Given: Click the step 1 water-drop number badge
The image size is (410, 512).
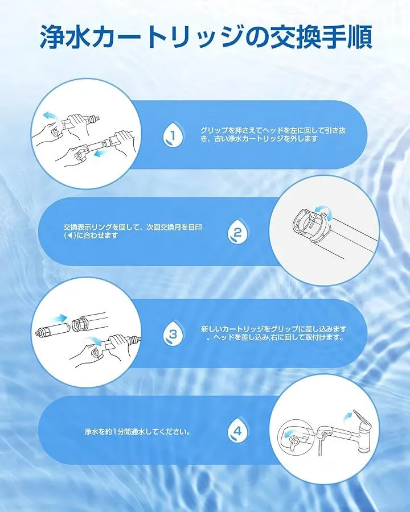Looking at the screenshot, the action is tap(173, 134).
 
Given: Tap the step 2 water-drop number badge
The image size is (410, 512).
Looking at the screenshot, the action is tap(237, 232).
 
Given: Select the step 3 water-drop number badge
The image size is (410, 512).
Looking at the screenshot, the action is tap(173, 333).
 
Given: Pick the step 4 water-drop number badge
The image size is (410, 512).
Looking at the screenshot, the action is tap(237, 431).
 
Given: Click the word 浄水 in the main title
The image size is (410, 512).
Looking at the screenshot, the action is tap(65, 38).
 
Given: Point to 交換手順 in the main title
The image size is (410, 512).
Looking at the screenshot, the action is tap(321, 38).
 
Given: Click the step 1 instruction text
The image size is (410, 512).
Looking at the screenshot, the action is tap(273, 134).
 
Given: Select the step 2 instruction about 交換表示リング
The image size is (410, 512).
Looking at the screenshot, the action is tap(133, 231).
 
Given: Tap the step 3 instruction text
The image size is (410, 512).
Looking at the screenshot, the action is tap(273, 333).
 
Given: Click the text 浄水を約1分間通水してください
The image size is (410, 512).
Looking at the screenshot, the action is tap(137, 432).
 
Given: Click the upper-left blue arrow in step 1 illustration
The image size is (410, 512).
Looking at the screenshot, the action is tap(51, 116).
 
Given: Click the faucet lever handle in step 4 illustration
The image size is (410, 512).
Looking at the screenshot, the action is tap(362, 421).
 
